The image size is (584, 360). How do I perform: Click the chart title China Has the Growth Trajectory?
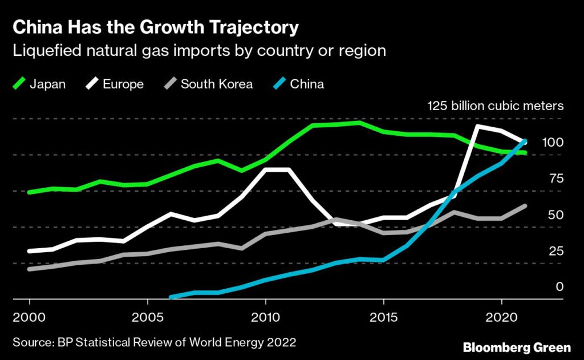155,27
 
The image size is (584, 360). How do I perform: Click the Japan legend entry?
40,84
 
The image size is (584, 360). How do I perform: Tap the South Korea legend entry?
208,84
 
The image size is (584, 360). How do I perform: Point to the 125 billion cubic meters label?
495,106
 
